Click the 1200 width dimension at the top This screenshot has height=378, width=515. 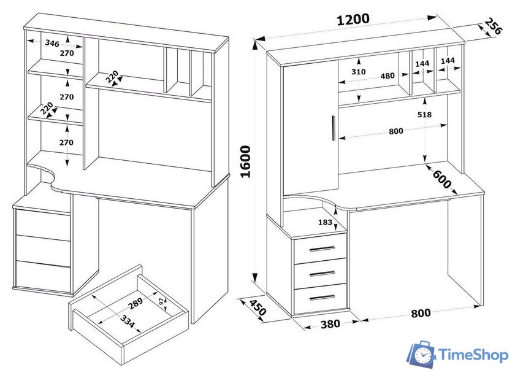(x=353, y=19)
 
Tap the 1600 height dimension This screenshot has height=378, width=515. (x=246, y=162)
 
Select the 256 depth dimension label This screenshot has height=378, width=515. (x=494, y=27)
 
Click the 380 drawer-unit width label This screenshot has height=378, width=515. (x=330, y=324)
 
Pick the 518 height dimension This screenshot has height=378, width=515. (x=424, y=115)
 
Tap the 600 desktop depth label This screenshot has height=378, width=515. (x=442, y=179)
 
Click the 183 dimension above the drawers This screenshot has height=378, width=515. (x=325, y=222)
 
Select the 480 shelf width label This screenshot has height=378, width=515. (x=387, y=76)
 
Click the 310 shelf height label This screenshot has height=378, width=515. (x=358, y=72)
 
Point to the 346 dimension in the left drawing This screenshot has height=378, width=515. (x=52, y=43)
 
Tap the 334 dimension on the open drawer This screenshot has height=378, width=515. (x=128, y=322)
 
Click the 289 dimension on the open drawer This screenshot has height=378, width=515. (x=135, y=304)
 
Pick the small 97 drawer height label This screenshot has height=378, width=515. (x=162, y=303)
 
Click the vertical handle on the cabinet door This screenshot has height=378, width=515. (x=334, y=128)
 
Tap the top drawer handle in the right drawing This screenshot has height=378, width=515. (x=322, y=249)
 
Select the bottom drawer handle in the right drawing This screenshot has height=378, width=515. (x=322, y=298)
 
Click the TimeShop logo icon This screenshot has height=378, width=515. (x=421, y=354)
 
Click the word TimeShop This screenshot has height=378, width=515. (x=473, y=355)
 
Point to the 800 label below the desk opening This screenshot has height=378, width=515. (x=421, y=313)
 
